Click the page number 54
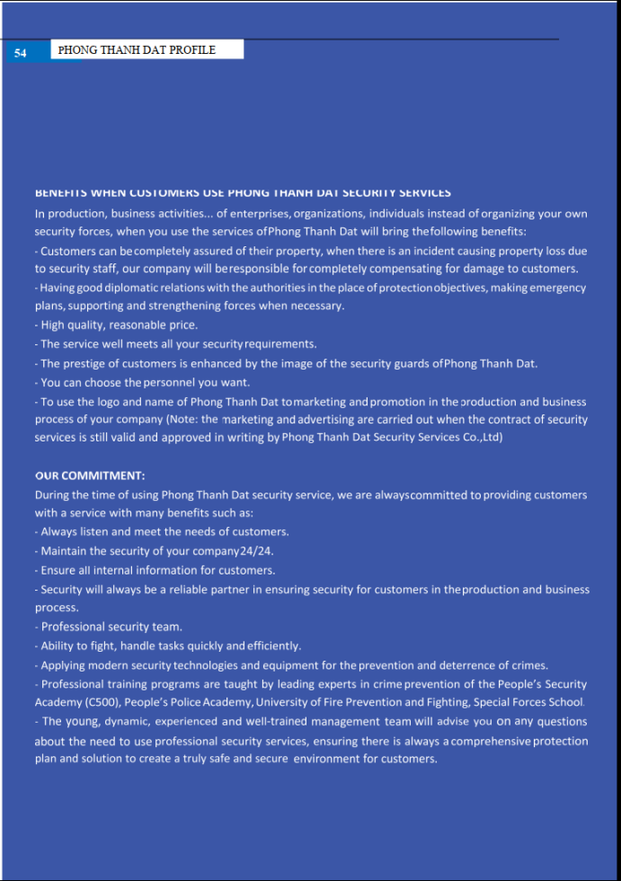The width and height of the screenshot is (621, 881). [x=20, y=53]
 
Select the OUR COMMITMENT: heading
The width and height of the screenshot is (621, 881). [x=90, y=476]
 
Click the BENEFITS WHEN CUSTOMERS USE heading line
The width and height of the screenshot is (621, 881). [x=243, y=192]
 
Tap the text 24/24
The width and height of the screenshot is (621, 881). [x=257, y=551]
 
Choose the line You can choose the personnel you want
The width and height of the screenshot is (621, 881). [x=144, y=382]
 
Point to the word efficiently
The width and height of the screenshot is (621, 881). [x=274, y=645]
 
